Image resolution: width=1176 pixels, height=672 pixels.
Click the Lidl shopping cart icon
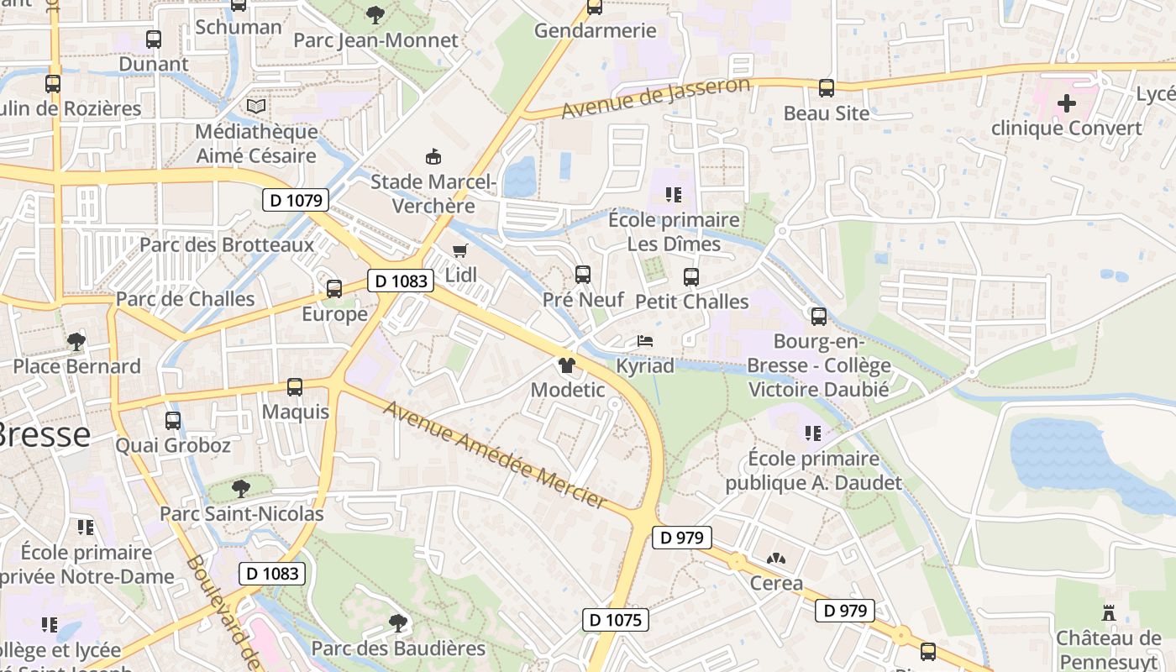459,250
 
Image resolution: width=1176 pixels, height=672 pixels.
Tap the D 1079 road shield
295,200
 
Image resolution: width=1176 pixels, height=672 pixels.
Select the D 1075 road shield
616,621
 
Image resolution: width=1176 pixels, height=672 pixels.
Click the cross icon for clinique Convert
1067,104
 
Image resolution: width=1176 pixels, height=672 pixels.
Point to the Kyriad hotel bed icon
645,341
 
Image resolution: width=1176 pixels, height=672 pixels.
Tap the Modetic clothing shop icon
567,365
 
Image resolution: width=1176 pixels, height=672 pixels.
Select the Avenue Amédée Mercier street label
495,454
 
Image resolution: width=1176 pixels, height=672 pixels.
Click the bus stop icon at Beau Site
827,88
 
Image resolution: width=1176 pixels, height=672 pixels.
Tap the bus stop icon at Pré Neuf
583,275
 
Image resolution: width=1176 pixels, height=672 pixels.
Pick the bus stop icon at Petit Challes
691,277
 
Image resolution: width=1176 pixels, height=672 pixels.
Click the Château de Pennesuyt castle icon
1109,614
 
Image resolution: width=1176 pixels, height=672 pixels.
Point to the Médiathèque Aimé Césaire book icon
256,107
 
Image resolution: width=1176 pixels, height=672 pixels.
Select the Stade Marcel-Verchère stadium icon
433,156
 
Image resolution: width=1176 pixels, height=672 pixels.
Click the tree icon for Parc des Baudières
398,623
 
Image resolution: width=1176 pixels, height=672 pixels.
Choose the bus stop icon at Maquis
295,387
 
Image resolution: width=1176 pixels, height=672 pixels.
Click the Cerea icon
775,559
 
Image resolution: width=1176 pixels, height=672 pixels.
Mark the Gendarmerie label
596,31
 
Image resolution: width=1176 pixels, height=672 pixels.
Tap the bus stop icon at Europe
334,289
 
